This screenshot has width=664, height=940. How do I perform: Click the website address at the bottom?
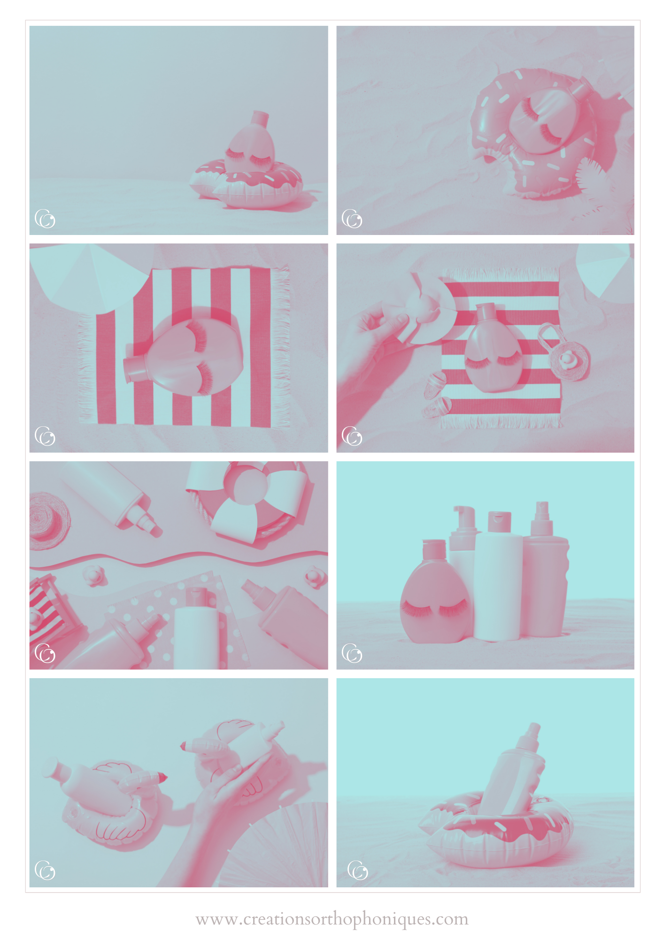[332, 919]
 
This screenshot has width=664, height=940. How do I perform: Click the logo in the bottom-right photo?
[358, 870]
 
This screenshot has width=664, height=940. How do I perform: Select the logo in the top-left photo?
[45, 219]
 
